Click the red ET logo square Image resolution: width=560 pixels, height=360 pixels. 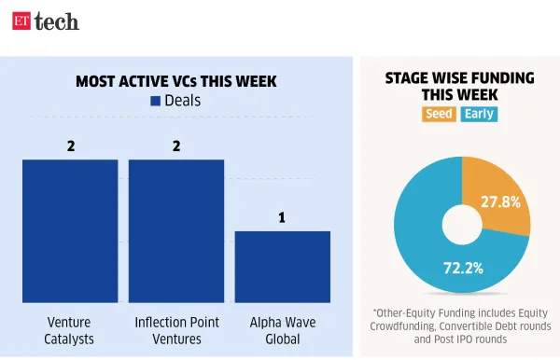pos(21,21)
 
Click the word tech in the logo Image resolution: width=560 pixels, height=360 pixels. pos(57,21)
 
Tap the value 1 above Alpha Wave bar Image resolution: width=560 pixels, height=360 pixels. pos(282,217)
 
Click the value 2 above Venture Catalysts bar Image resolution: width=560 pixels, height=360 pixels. pos(70,145)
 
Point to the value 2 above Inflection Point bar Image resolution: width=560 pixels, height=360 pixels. pos(176,145)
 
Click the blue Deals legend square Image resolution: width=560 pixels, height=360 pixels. pos(155,101)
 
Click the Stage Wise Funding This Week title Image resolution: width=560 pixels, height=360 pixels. pos(461,87)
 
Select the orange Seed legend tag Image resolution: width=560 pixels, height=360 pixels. pos(439,115)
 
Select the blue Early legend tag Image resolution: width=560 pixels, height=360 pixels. pos(480,115)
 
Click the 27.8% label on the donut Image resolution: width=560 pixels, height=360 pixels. pos(501,201)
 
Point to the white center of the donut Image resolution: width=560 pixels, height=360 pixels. pos(461,225)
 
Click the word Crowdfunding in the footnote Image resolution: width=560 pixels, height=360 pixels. pos(413,325)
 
